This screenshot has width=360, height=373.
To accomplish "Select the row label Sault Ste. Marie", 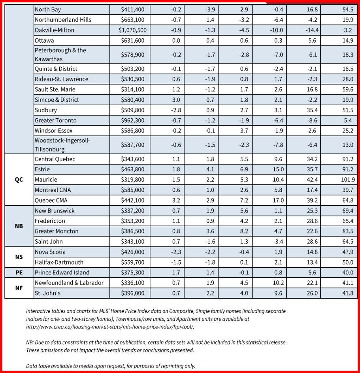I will pos(55,89).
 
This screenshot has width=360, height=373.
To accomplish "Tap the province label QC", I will pos(19,180).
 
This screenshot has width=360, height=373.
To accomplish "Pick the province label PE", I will pos(19,272).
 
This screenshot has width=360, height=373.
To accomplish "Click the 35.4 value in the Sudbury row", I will pos(312,110).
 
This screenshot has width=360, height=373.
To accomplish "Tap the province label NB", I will pos(19,226).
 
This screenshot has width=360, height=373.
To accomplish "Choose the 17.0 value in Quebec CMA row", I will pos(278,200).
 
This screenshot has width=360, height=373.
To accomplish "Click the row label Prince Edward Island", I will pos(62,272).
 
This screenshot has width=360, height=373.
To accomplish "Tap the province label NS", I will pos(19,257).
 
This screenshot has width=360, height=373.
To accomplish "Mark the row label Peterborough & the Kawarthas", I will pos(60,55).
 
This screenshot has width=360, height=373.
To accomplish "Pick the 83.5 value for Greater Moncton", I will pos(347,231).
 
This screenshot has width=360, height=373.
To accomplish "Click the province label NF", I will pos(19,288).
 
